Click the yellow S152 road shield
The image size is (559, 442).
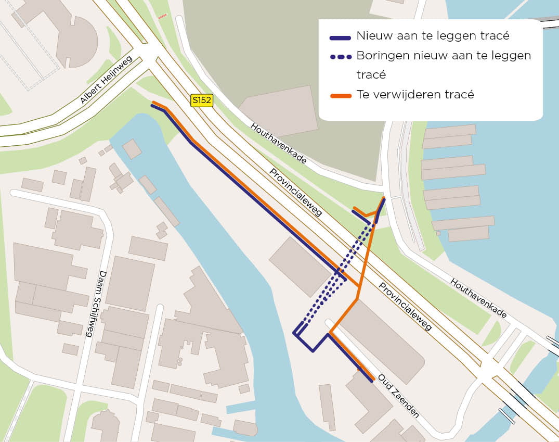pyautogui.click(x=202, y=100)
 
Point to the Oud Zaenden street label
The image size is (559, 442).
pyautogui.click(x=398, y=396)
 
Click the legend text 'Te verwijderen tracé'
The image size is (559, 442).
pyautogui.click(x=415, y=95)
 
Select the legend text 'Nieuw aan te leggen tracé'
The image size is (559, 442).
pyautogui.click(x=433, y=36)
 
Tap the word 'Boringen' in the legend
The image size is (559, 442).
pyautogui.click(x=381, y=56)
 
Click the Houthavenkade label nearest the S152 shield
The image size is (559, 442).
pyautogui.click(x=278, y=144)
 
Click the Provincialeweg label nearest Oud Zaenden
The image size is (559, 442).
pyautogui.click(x=405, y=307)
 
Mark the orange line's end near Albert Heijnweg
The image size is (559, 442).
pyautogui.click(x=153, y=102)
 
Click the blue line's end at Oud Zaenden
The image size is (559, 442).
pyautogui.click(x=371, y=381)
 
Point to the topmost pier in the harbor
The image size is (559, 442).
pyautogui.click(x=449, y=131)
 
